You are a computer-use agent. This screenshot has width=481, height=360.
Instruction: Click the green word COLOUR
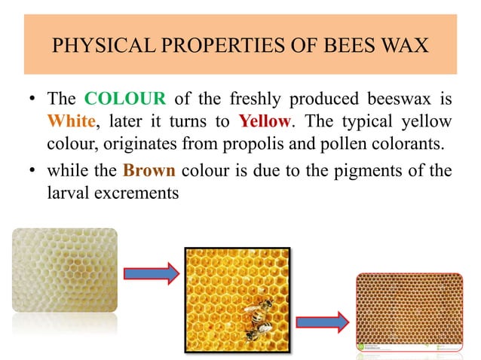pyautogui.click(x=120, y=99)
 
